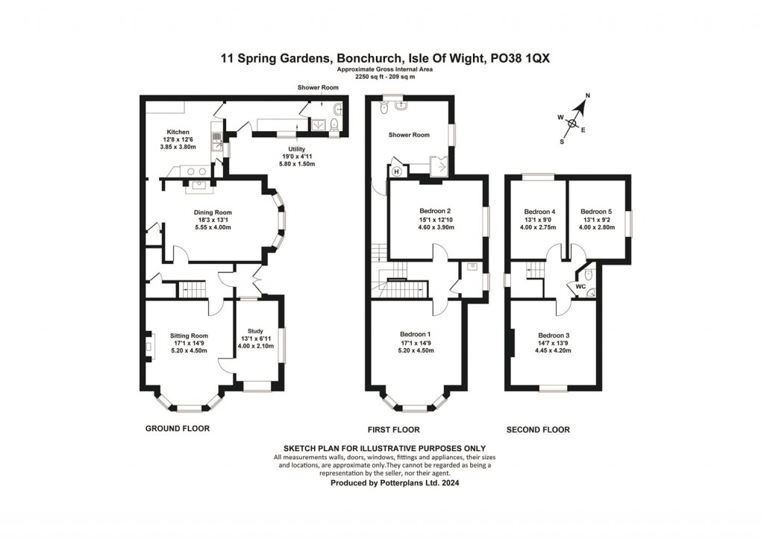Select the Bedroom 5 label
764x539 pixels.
pyautogui.click(x=596, y=211)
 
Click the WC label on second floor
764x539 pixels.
pyautogui.click(x=580, y=286)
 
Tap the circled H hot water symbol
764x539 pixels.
pyautogui.click(x=396, y=171)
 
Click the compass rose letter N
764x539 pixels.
pyautogui.click(x=587, y=96)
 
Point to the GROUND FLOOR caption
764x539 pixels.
pyautogui.click(x=177, y=429)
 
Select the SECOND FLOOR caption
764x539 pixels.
pyautogui.click(x=538, y=429)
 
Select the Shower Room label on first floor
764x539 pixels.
pyautogui.click(x=409, y=135)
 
